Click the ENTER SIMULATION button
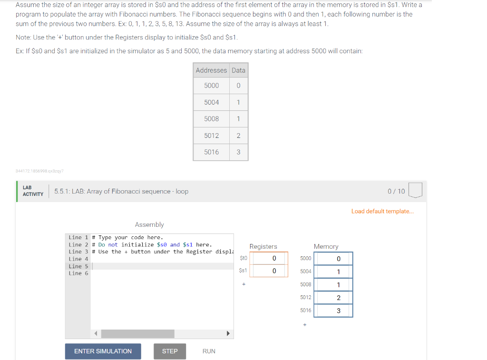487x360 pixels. (x=103, y=351)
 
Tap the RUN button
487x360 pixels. (x=209, y=351)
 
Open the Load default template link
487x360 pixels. (x=382, y=211)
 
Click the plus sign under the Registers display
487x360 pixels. (x=243, y=284)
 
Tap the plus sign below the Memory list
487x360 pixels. (x=305, y=325)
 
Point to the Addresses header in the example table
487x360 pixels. (x=211, y=70)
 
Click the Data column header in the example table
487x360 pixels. (x=238, y=70)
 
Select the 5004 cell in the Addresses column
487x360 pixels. (x=211, y=102)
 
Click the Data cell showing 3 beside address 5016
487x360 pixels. (x=238, y=152)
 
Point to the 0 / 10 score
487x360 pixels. (x=396, y=191)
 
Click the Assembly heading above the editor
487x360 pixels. (x=149, y=224)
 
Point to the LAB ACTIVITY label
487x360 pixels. (x=33, y=191)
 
